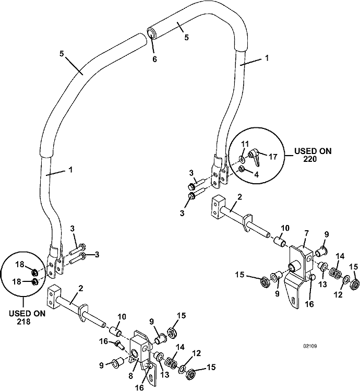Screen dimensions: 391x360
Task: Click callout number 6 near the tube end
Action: click(x=154, y=60)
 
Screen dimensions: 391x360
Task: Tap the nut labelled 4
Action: click(x=242, y=169)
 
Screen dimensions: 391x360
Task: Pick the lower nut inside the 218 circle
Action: click(x=34, y=282)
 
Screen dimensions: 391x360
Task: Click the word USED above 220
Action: click(x=305, y=151)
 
